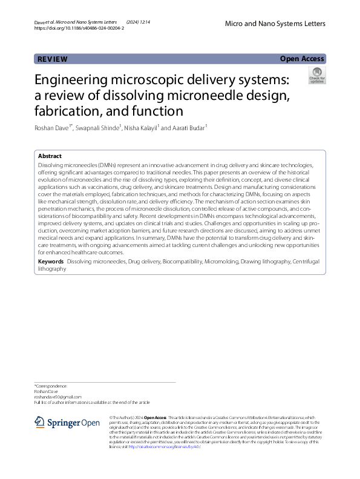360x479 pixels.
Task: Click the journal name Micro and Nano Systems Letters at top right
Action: tap(275, 24)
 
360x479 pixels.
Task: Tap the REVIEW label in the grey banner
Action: tap(53, 59)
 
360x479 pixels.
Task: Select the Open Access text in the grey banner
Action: tap(303, 59)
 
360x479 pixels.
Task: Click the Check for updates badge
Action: tap(316, 76)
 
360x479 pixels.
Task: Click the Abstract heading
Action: tap(50, 156)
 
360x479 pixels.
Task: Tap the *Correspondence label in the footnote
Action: tap(51, 386)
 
